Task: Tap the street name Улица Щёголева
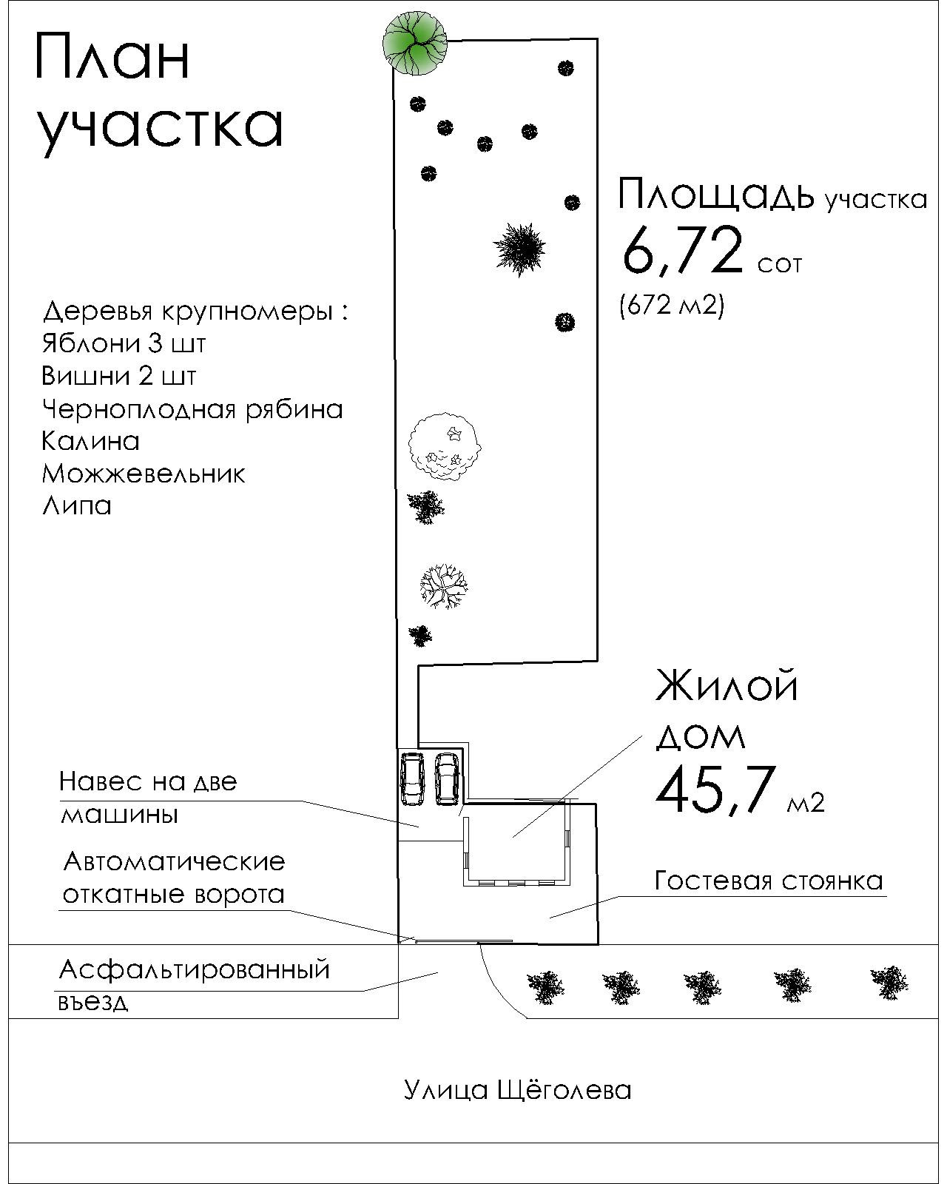tap(517, 1089)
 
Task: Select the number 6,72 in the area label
tap(681, 250)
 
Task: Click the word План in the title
tap(112, 57)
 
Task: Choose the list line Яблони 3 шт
tap(124, 344)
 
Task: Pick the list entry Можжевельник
tap(143, 474)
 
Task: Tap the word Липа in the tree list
tap(77, 506)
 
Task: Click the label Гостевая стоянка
tap(769, 881)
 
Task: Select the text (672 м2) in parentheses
tap(671, 304)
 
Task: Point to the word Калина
tap(90, 441)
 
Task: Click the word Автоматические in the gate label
tap(174, 861)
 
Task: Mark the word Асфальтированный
tap(194, 969)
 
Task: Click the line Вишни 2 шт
tap(118, 377)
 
